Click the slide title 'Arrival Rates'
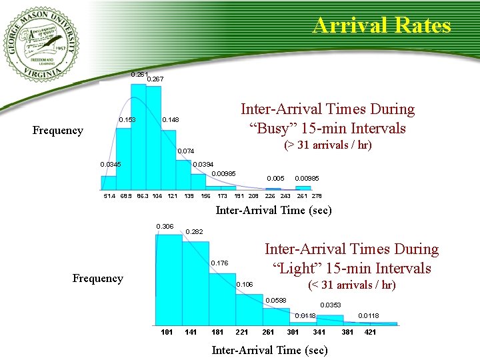[x=381, y=26]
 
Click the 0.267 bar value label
[x=155, y=79]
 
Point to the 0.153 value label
[x=127, y=119]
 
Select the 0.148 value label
[x=171, y=119]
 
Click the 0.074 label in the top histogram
[x=184, y=151]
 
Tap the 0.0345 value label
[x=111, y=164]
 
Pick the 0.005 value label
[x=275, y=178]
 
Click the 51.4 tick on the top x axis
[x=109, y=196]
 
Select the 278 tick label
[x=316, y=196]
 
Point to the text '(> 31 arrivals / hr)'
[x=327, y=145]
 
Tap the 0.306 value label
[x=165, y=227]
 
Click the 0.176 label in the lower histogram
[x=219, y=263]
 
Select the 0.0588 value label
[x=275, y=300]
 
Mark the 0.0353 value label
[x=330, y=305]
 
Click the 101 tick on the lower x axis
[x=167, y=332]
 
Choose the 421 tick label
[x=369, y=332]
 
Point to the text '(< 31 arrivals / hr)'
[x=351, y=285]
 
